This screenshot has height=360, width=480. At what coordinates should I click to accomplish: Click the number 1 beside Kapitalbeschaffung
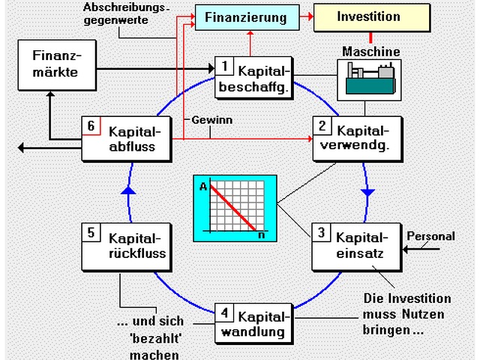(225, 67)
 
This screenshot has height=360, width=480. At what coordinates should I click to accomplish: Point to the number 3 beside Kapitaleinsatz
(322, 232)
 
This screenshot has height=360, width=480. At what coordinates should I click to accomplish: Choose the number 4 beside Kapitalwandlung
(225, 310)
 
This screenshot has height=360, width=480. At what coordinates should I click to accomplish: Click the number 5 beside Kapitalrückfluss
(91, 232)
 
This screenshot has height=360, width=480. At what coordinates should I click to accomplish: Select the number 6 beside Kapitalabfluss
(91, 126)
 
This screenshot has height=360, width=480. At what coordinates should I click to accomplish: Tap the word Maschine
(371, 52)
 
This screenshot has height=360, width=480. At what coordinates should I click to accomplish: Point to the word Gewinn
(212, 120)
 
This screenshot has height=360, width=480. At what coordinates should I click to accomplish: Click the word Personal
(430, 236)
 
